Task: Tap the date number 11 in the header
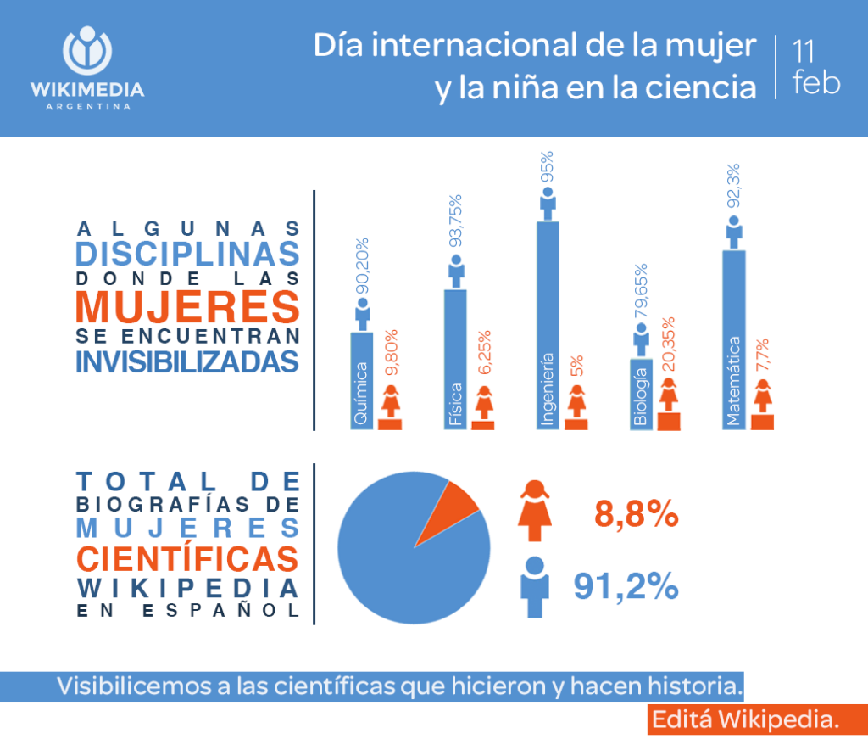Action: click(804, 51)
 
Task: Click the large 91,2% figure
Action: click(626, 585)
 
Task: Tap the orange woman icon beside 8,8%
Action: click(534, 511)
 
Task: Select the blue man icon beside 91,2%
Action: click(534, 586)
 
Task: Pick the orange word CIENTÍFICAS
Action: click(187, 558)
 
